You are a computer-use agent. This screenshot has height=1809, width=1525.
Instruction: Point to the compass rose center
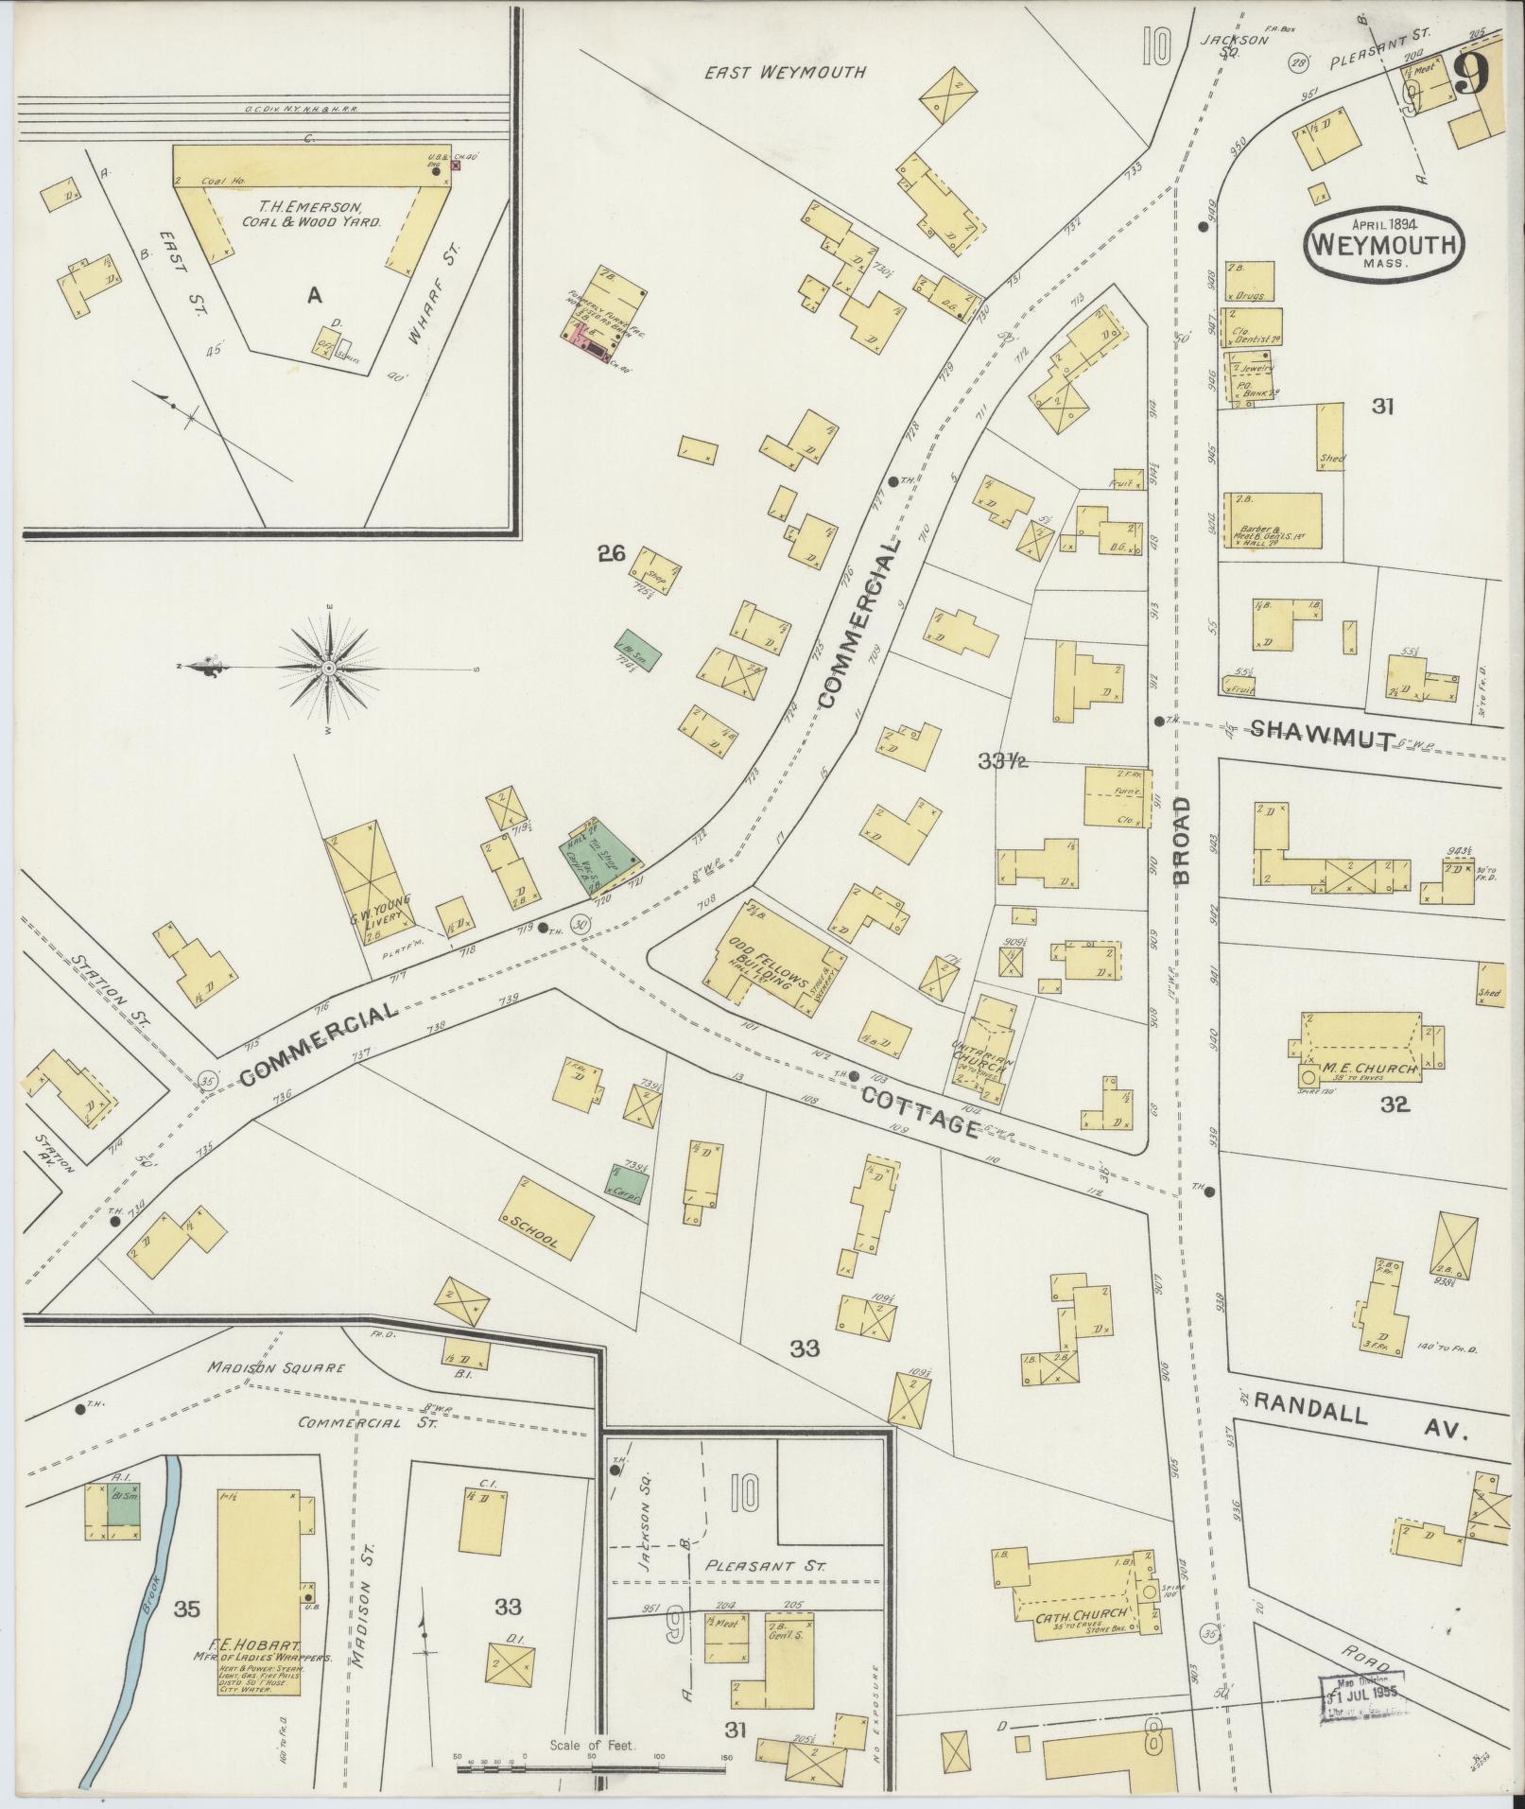tap(329, 669)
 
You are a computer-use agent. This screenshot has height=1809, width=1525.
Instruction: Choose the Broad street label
tap(1183, 840)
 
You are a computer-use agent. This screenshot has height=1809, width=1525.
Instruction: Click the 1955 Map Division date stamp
tap(1361, 1696)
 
